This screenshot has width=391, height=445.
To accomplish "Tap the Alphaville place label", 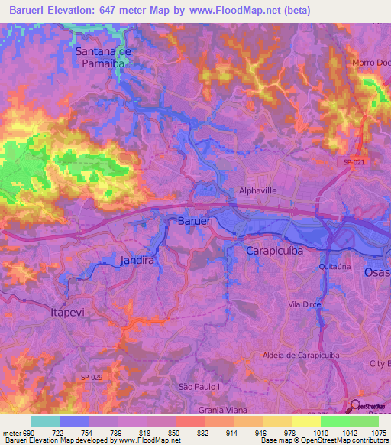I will point(257,192).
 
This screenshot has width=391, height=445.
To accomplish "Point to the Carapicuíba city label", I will point(275,250).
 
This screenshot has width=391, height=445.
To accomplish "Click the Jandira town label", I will point(137,260).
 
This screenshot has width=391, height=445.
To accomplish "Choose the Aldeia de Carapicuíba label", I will point(299,356).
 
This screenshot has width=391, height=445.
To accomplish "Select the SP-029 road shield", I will point(92,377).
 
